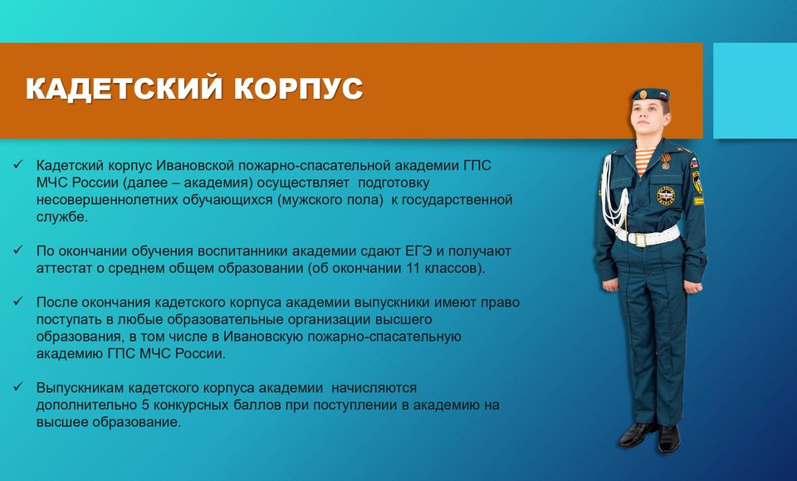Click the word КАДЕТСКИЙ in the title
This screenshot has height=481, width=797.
coord(125,88)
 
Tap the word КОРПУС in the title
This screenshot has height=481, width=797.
coord(299,88)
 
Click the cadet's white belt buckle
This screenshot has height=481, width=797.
coord(640,239)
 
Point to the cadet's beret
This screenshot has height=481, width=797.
coord(651,95)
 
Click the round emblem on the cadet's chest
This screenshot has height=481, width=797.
coord(665,196)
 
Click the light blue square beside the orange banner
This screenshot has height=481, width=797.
coord(755,90)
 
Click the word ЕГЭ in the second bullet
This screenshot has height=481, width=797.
coord(418,251)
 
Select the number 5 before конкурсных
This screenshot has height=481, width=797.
coord(144,406)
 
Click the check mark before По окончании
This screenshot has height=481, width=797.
coord(18,250)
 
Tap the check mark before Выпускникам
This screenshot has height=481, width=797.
coord(18,386)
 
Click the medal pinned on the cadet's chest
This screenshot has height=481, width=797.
coord(665,162)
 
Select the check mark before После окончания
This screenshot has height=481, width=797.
coord(18,301)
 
